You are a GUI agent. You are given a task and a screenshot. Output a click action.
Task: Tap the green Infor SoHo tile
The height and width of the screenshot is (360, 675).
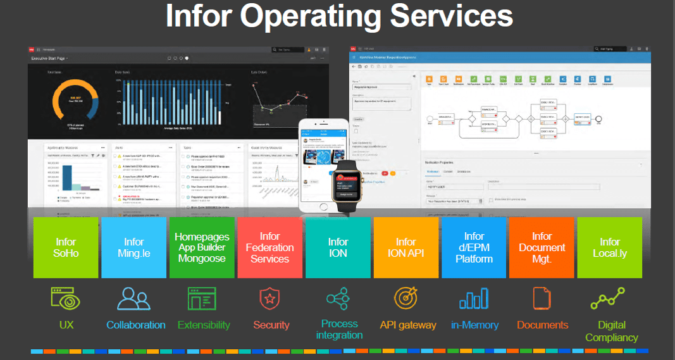(x=66, y=247)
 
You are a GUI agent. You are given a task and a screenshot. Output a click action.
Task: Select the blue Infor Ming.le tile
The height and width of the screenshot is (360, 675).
(x=133, y=247)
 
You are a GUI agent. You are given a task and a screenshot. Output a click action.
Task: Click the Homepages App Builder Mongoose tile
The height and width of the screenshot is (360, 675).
(x=202, y=247)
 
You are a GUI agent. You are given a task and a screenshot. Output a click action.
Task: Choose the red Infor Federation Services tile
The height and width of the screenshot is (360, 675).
(x=269, y=247)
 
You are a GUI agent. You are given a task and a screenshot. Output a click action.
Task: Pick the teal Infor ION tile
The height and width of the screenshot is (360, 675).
(x=338, y=247)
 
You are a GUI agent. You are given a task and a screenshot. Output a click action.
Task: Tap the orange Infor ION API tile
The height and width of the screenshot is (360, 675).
(x=406, y=247)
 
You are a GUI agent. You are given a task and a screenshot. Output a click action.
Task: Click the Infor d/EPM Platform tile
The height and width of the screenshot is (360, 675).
(x=474, y=247)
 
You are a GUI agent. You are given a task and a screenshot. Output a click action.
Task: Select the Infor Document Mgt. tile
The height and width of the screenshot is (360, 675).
(x=542, y=247)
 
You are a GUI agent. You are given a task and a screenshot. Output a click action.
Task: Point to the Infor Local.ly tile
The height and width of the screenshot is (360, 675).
(x=609, y=247)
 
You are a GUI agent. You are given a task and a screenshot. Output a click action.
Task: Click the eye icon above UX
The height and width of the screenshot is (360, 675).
(x=66, y=298)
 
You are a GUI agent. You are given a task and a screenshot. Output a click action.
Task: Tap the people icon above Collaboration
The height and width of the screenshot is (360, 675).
(x=133, y=298)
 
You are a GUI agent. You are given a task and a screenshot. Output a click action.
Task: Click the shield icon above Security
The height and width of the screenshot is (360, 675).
(x=270, y=298)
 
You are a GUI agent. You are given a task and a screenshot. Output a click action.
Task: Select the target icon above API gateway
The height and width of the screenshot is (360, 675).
(x=406, y=298)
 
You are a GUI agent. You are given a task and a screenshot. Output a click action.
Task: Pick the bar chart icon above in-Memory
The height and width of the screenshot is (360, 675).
(x=474, y=298)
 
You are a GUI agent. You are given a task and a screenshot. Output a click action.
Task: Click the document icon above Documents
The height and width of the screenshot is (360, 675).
(x=542, y=298)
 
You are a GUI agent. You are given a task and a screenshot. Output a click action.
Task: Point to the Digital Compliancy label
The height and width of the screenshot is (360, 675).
(x=611, y=331)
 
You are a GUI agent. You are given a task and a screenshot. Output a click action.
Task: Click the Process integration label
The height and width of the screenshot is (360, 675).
(x=340, y=329)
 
